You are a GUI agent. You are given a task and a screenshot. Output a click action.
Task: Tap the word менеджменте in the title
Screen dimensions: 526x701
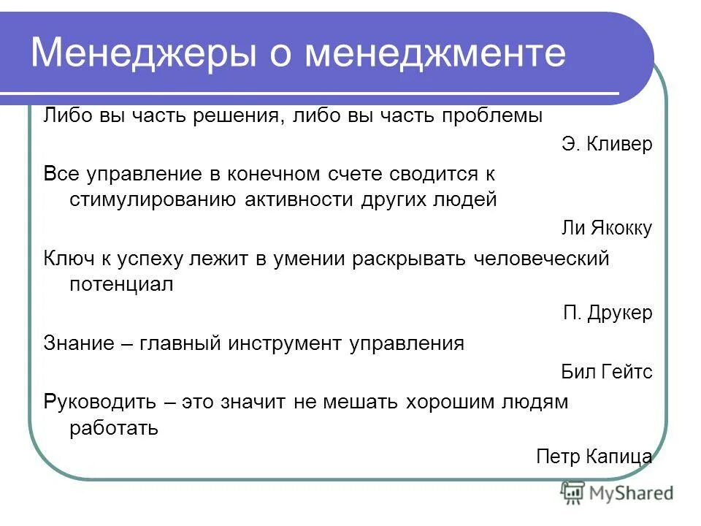[x=435, y=53]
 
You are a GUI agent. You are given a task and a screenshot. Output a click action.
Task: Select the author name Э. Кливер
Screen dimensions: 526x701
[x=607, y=144]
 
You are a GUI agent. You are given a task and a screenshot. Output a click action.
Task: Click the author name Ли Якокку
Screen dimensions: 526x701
[x=605, y=229]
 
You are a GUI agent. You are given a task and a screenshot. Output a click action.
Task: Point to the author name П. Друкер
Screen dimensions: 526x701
[x=608, y=313]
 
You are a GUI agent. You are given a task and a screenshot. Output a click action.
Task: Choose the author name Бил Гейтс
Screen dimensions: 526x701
[x=606, y=373]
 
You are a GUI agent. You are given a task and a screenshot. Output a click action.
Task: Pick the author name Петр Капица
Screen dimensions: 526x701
[x=594, y=457]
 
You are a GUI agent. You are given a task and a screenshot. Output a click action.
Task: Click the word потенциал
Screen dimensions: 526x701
[x=121, y=284]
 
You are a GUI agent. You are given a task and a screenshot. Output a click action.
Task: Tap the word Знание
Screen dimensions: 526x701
[x=78, y=343]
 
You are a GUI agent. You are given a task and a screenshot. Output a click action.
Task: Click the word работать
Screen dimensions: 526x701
[x=114, y=427]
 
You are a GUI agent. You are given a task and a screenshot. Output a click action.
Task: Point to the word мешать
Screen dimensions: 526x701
[x=361, y=402]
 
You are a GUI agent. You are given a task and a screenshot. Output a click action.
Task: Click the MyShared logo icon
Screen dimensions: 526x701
[x=572, y=493]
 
